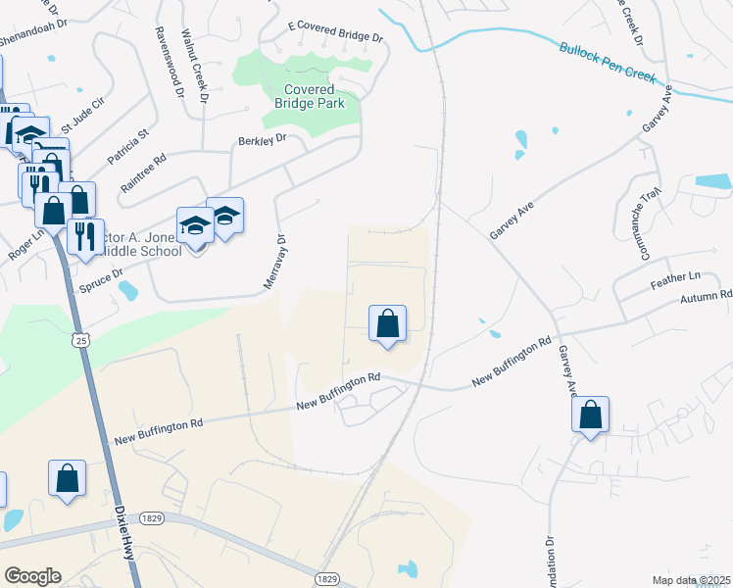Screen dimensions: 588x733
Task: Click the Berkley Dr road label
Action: click(262, 140)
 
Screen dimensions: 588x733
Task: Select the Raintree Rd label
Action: click(143, 171)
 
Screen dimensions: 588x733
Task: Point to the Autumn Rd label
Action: click(711, 294)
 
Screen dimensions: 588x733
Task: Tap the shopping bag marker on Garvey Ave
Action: click(591, 415)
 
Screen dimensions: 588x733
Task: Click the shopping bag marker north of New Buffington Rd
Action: click(387, 324)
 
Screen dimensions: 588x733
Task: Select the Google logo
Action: click(32, 576)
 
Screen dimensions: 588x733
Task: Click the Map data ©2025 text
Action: click(691, 580)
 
